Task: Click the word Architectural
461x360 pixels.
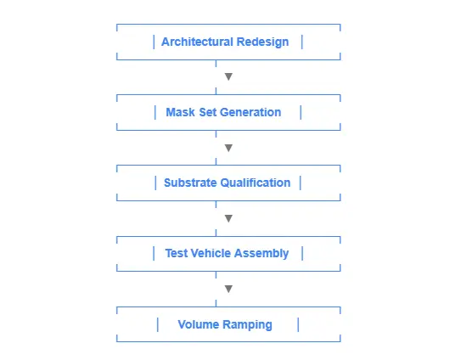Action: click(197, 42)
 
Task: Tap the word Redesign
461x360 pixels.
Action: click(262, 42)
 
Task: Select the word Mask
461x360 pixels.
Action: click(180, 112)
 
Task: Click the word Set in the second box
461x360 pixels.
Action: click(207, 112)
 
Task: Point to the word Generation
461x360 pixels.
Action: click(250, 112)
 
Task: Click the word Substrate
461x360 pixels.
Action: click(190, 183)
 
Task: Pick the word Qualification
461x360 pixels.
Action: click(256, 183)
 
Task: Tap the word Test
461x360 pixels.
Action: click(176, 253)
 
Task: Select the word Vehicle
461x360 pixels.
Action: click(211, 253)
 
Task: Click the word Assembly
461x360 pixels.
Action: click(261, 254)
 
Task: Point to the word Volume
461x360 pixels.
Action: click(199, 324)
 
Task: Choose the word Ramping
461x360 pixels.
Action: click(247, 325)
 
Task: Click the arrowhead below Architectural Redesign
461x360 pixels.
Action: click(228, 76)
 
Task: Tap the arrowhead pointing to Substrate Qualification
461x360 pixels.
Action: click(228, 148)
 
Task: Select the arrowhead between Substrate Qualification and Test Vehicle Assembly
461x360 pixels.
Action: click(228, 218)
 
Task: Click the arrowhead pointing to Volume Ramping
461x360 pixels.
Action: click(228, 289)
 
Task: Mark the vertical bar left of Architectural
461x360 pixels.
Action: click(154, 42)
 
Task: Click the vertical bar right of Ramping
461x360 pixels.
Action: click(298, 324)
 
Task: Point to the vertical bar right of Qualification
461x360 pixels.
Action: click(301, 183)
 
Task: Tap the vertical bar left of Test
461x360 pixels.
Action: click(154, 254)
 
